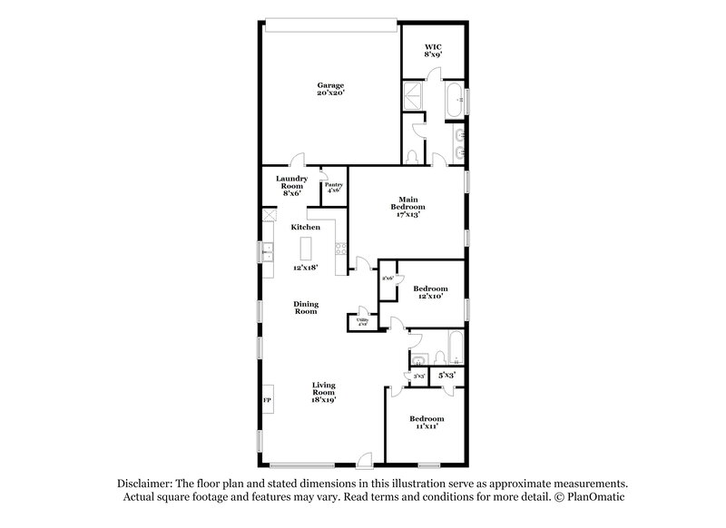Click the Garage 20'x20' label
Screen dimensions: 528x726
[x=329, y=88]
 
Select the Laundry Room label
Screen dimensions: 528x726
[x=291, y=185]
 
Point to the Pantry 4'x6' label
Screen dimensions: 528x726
[x=333, y=188]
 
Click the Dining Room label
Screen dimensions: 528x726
[x=305, y=308]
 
